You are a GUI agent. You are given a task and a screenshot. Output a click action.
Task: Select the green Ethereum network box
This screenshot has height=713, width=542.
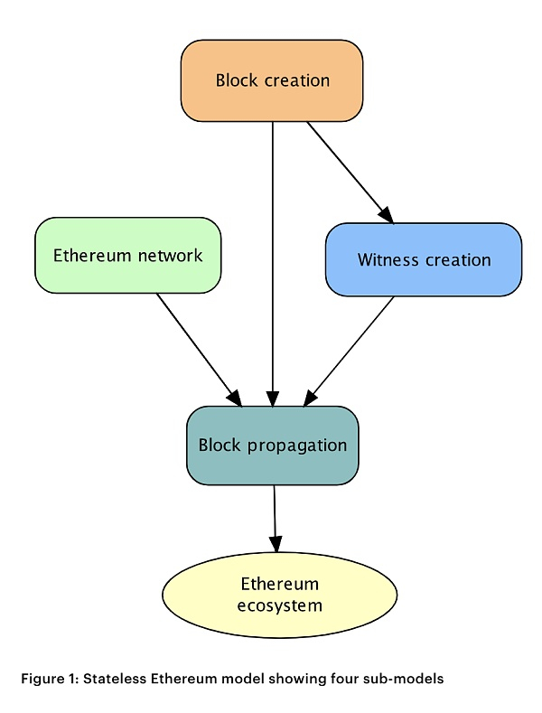click(x=127, y=256)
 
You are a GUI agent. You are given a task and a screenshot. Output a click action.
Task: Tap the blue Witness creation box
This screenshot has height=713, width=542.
click(x=424, y=259)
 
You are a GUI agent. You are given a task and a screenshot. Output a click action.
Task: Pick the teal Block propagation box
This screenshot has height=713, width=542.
click(x=273, y=445)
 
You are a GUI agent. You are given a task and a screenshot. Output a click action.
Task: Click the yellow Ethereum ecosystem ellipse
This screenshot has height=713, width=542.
click(x=279, y=595)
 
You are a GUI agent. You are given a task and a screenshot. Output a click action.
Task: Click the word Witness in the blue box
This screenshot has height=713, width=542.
click(x=385, y=260)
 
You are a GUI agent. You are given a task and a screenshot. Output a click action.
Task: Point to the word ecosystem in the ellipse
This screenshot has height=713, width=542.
click(x=279, y=605)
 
